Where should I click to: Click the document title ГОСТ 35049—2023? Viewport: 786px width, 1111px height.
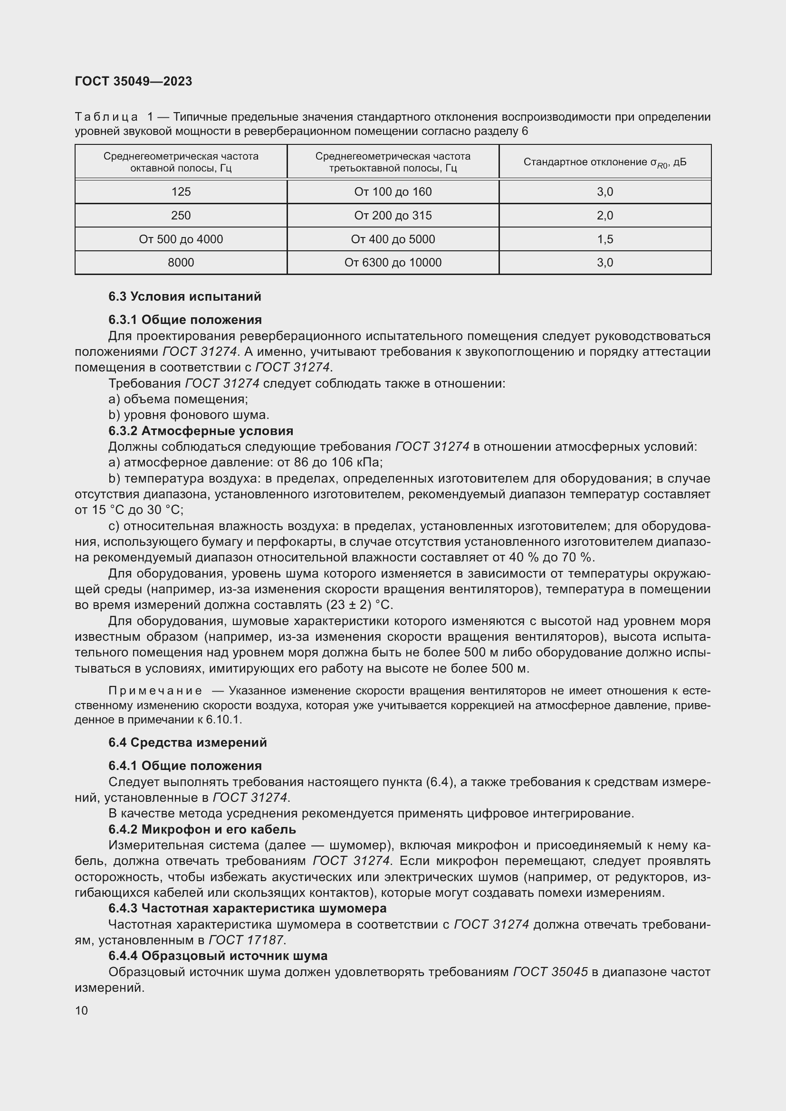[134, 81]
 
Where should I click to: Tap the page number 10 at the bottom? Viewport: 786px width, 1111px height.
[81, 1010]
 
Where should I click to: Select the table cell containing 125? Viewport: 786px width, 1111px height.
[181, 191]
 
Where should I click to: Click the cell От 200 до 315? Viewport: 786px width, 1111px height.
[393, 215]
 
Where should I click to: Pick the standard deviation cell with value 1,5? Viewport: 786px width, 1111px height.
[604, 239]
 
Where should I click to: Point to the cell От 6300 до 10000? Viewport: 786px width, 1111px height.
[393, 263]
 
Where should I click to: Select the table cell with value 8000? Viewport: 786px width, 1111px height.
[181, 263]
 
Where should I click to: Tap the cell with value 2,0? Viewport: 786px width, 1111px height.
[604, 215]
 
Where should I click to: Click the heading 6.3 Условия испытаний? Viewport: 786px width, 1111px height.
[184, 296]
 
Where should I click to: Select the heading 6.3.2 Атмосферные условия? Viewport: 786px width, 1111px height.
[201, 431]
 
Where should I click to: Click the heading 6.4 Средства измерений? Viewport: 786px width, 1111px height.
[187, 742]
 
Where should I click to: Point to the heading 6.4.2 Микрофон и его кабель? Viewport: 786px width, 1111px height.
[202, 829]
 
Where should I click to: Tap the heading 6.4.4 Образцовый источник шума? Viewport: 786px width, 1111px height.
[218, 956]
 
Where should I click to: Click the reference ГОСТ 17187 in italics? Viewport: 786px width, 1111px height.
[247, 940]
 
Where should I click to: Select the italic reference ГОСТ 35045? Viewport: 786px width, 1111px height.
[550, 972]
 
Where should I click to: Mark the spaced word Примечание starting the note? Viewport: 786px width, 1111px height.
[155, 691]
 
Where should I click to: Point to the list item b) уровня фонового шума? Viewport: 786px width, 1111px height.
[189, 415]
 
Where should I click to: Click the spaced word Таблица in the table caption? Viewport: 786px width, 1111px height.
[106, 117]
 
